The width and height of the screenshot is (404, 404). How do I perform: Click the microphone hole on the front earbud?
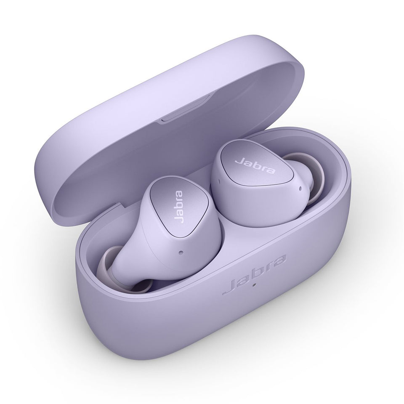(x=181, y=253)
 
